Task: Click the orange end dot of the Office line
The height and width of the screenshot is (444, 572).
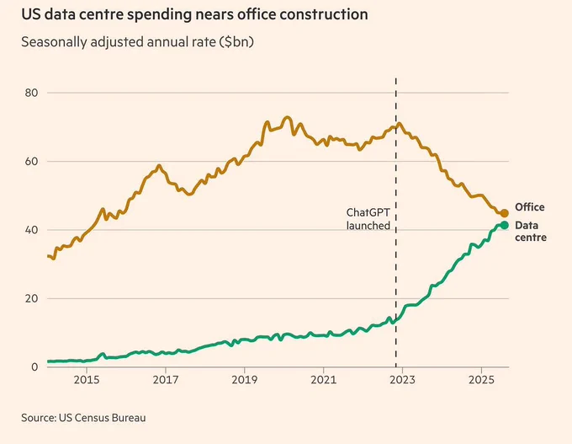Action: point(504,213)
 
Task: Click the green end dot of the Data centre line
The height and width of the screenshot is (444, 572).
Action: point(504,225)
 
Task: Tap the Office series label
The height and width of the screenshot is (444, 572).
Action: point(530,207)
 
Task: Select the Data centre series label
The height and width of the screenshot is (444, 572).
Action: point(531,232)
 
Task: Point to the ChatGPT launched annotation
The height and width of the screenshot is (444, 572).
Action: point(368,219)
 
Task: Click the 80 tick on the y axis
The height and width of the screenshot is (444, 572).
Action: point(31,93)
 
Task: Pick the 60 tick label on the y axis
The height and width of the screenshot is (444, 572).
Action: point(31,161)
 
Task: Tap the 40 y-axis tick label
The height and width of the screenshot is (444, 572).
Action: point(31,230)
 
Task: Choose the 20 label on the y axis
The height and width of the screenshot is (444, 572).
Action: point(31,298)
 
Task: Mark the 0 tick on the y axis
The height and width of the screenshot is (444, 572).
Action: point(34,366)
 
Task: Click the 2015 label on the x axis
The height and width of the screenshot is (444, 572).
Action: point(87,380)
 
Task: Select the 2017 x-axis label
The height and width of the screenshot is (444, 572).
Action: point(166,380)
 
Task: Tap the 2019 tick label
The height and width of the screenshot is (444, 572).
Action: point(245,380)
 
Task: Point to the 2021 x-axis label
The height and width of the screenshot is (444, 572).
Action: point(324,380)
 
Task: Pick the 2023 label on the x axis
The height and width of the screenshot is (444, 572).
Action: point(402,380)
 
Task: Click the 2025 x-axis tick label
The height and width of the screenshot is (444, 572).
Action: point(481,380)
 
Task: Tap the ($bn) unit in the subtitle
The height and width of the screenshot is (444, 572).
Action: point(236,42)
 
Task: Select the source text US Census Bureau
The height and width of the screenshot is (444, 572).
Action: point(102,418)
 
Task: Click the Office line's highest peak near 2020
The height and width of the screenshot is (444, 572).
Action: point(288,118)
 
